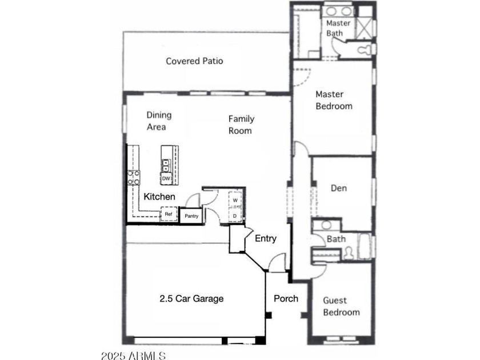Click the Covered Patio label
tap(194, 61)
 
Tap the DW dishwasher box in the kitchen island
tap(166, 178)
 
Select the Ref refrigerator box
tap(169, 214)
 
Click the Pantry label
tap(191, 216)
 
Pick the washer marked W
tap(235, 200)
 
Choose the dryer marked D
tap(235, 215)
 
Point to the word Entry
tap(266, 238)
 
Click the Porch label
tap(286, 298)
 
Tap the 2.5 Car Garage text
tap(191, 298)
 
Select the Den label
tap(339, 188)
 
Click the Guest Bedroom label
tap(341, 306)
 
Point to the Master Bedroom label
tap(334, 100)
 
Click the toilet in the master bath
tap(366, 49)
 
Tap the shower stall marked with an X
tap(365, 28)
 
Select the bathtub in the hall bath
tap(365, 246)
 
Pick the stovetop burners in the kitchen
tap(134, 178)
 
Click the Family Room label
tap(242, 125)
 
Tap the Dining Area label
tap(159, 121)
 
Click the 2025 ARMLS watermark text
tap(134, 355)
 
